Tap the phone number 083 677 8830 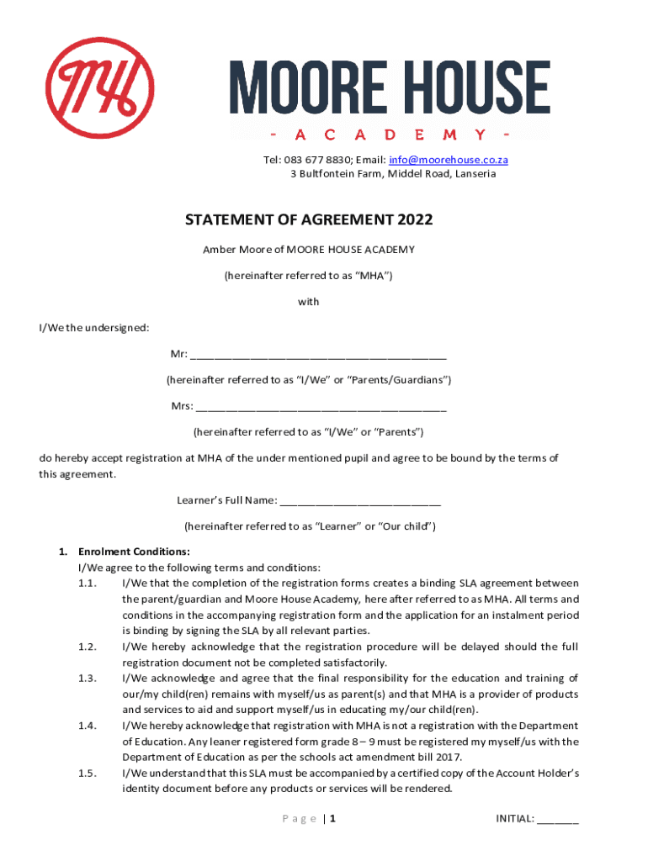click(x=316, y=160)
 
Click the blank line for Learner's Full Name click(x=360, y=502)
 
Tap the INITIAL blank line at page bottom click(x=558, y=819)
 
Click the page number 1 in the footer click(x=333, y=819)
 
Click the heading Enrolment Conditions click(x=134, y=552)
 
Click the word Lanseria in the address click(x=475, y=174)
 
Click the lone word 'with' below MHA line click(x=309, y=302)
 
